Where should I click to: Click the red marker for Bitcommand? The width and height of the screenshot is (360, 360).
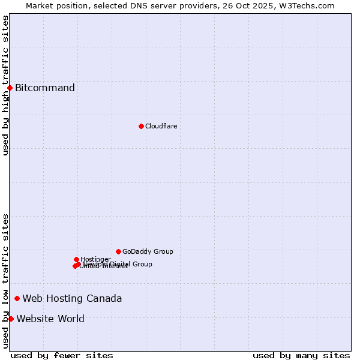point(10,88)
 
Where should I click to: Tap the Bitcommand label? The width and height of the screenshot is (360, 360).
point(45,88)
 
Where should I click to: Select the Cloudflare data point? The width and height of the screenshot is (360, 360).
point(141,126)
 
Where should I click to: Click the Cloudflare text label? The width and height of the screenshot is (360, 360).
point(161,126)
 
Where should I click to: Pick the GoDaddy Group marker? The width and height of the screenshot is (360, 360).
point(118,251)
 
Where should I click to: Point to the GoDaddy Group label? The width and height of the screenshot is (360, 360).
point(148,251)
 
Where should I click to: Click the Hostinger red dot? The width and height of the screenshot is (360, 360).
point(76,259)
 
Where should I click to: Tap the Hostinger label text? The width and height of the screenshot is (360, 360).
point(95,259)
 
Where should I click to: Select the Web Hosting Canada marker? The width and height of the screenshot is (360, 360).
point(17,298)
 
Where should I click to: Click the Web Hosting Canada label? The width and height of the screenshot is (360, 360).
point(72,298)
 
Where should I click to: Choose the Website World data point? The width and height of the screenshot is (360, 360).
point(11,319)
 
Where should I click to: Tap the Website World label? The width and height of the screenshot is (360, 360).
point(50,319)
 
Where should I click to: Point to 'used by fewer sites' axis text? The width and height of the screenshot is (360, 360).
point(62,355)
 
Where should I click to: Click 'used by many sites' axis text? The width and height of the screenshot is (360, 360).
point(301,355)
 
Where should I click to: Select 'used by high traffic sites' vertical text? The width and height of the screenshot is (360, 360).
point(6,85)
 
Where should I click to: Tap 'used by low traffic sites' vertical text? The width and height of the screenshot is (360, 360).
point(6,281)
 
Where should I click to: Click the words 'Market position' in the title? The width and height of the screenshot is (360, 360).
point(55,5)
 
